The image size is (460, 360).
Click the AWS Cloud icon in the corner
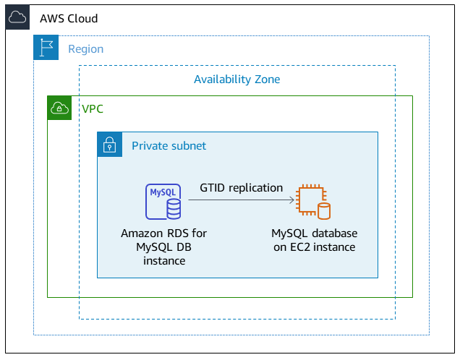pyautogui.click(x=17, y=18)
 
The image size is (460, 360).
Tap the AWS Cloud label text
pyautogui.click(x=69, y=18)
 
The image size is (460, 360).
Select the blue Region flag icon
pyautogui.click(x=46, y=48)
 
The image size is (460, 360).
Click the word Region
pyautogui.click(x=85, y=49)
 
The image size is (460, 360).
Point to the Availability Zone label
pyautogui.click(x=237, y=80)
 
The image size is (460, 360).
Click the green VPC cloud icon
pyautogui.click(x=59, y=108)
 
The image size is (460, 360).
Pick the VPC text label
pyautogui.click(x=93, y=108)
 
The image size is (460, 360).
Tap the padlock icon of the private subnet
pyautogui.click(x=110, y=145)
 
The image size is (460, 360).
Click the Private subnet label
pyautogui.click(x=169, y=146)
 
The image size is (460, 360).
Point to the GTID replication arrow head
pyautogui.click(x=292, y=202)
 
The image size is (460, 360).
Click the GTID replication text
pyautogui.click(x=241, y=188)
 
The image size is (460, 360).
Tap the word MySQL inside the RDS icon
pyautogui.click(x=161, y=192)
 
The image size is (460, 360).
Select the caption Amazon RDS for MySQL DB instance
pyautogui.click(x=164, y=247)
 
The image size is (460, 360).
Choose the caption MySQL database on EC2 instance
pyautogui.click(x=314, y=241)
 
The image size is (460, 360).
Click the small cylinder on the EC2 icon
pyautogui.click(x=324, y=211)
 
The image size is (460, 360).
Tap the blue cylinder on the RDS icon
pyautogui.click(x=174, y=210)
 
